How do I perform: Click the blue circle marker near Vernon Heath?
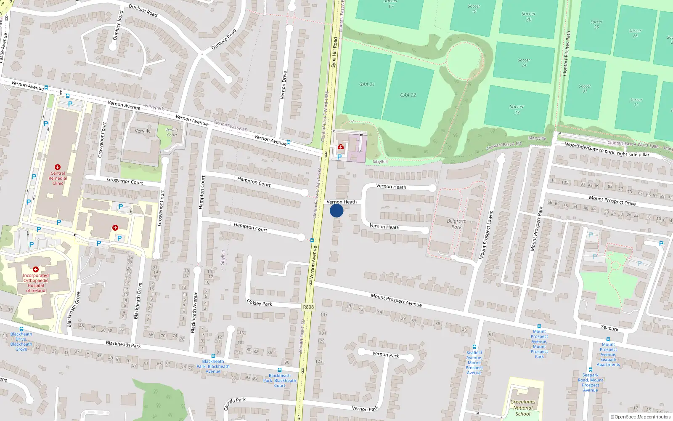(x=336, y=210)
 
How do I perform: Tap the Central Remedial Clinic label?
(x=58, y=178)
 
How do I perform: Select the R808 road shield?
(x=308, y=307)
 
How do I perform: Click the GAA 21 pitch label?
(x=367, y=84)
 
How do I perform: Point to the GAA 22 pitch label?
(x=408, y=95)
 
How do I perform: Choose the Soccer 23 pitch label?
(x=517, y=109)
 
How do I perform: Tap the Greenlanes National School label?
(x=523, y=408)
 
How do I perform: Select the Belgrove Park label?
(x=456, y=224)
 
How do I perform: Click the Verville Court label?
(x=172, y=132)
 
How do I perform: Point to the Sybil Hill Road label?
(x=334, y=52)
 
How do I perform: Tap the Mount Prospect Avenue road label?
(x=396, y=300)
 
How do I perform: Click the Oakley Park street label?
(x=260, y=303)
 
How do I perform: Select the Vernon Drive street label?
(x=284, y=85)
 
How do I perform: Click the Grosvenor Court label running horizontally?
(x=125, y=181)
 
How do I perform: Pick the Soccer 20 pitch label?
(x=529, y=16)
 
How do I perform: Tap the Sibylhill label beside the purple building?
(x=380, y=162)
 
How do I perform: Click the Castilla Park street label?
(x=235, y=403)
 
